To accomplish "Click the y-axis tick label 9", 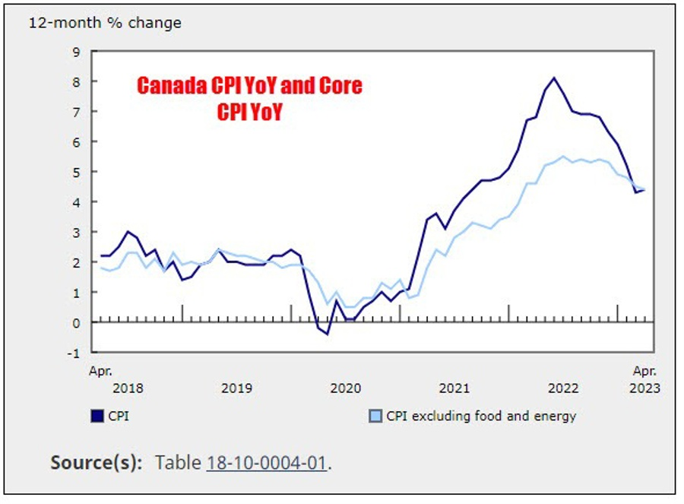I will coord(75,52).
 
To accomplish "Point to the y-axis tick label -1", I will coord(73,353).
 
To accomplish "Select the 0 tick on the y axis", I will coord(75,322).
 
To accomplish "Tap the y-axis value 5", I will coord(75,172).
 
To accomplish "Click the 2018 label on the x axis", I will coord(127,388).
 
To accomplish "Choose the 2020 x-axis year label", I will coord(345,388).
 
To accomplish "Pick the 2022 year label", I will coord(563,388).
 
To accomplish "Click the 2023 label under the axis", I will coord(644,388).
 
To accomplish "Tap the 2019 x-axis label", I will coord(236,388).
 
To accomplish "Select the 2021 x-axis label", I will coord(454,388).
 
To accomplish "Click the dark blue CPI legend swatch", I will coord(97,416).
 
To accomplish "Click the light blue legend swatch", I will coord(375,416).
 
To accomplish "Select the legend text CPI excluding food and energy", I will coord(481,416).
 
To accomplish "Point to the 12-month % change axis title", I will coord(105,23).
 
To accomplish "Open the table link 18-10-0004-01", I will coord(267,462).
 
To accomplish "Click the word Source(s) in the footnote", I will coord(95,462).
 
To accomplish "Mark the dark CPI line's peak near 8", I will coord(554,78).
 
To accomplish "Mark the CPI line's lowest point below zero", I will coord(328,334).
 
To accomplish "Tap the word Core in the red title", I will coord(339,86).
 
